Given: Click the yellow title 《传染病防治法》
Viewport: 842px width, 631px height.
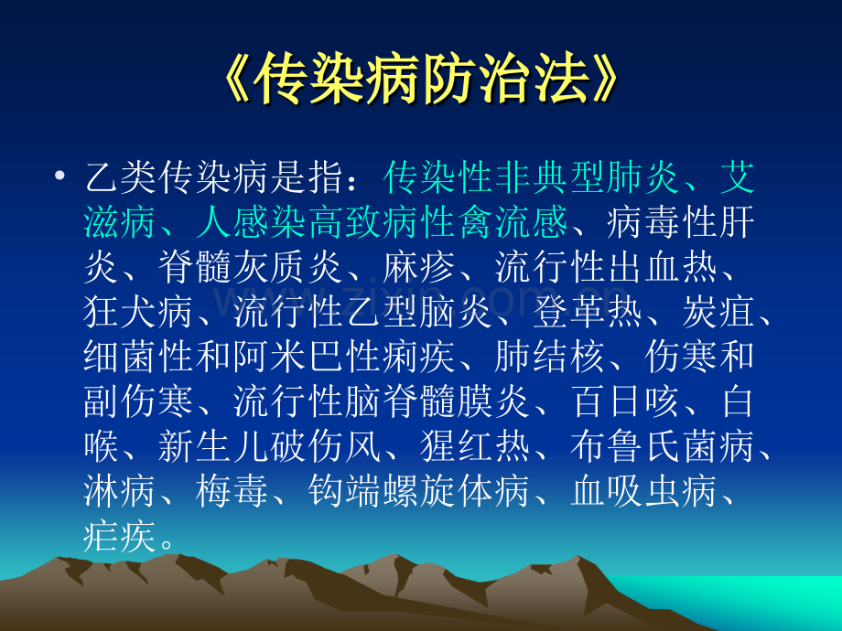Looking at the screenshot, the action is [x=422, y=79].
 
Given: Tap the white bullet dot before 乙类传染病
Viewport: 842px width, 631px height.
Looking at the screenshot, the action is [x=60, y=175].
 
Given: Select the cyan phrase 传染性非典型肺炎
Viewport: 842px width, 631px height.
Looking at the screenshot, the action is [x=532, y=177].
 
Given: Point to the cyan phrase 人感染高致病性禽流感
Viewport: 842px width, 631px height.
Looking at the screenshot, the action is [x=383, y=222].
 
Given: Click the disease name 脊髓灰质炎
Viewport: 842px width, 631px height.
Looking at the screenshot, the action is [x=251, y=267].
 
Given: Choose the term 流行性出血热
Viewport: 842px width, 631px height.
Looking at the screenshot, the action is [x=606, y=267].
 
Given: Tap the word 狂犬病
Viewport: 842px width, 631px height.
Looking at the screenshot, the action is [x=138, y=312].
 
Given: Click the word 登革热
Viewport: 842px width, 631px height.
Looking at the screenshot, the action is [x=588, y=312].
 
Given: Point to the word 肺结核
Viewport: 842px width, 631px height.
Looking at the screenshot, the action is [x=549, y=358].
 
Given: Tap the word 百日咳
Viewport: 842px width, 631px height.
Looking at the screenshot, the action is [x=626, y=402].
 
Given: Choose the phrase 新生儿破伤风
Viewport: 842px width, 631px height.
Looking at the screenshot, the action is [x=269, y=447].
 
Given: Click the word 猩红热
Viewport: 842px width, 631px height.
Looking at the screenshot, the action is [x=475, y=447].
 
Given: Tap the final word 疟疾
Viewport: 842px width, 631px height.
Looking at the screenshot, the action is [x=120, y=537].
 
